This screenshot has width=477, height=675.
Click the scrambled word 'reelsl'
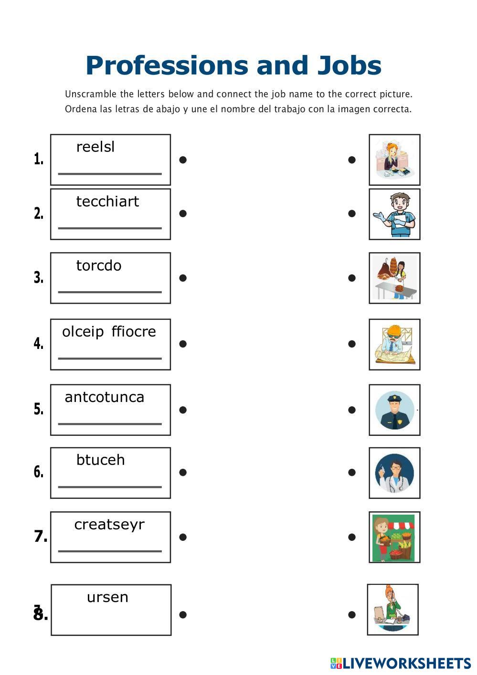(x=95, y=147)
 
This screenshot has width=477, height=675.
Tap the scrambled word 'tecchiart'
(x=107, y=201)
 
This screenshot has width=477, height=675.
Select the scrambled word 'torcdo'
(x=99, y=265)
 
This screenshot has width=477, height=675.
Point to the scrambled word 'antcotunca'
(x=104, y=397)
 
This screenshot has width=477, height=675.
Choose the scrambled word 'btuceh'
(x=100, y=460)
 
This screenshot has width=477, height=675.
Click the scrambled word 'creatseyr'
(x=109, y=525)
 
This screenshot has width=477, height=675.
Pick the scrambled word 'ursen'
(x=107, y=597)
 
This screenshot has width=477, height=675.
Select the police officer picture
(x=394, y=410)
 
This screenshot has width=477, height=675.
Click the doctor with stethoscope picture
(x=394, y=473)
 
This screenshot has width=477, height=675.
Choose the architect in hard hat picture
(x=394, y=344)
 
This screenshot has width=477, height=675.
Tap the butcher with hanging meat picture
(x=394, y=278)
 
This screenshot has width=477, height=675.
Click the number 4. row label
(x=39, y=344)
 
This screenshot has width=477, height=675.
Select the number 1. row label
(x=39, y=159)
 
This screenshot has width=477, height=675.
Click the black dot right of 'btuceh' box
(x=182, y=473)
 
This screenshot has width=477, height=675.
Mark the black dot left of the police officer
(x=352, y=410)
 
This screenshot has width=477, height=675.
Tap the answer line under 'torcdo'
(x=110, y=292)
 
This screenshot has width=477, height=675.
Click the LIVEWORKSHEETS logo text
(x=406, y=663)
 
